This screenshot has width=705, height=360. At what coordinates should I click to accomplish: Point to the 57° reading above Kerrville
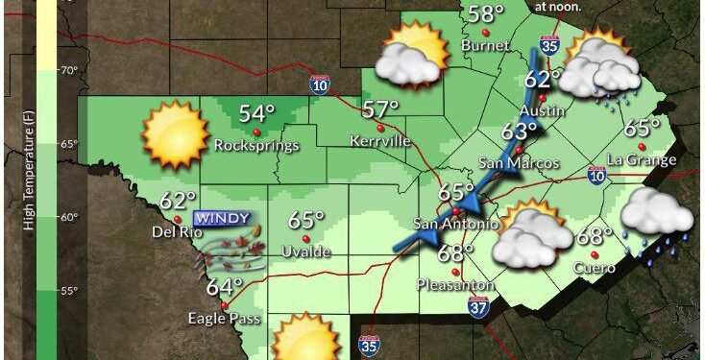[x=380, y=109]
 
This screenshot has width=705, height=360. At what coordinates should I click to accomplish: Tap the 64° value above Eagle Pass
[x=225, y=286]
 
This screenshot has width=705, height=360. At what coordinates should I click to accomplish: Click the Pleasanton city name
[x=455, y=285]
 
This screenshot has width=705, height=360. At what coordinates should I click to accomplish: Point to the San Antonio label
[x=455, y=225]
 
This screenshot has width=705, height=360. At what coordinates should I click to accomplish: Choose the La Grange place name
[x=643, y=159]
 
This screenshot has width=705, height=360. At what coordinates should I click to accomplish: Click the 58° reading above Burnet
[x=486, y=13]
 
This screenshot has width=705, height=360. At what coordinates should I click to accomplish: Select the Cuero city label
[x=594, y=268]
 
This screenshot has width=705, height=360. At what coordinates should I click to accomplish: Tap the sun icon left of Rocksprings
[x=175, y=135]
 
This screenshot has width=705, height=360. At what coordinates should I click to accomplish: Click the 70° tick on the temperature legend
[x=69, y=71]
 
